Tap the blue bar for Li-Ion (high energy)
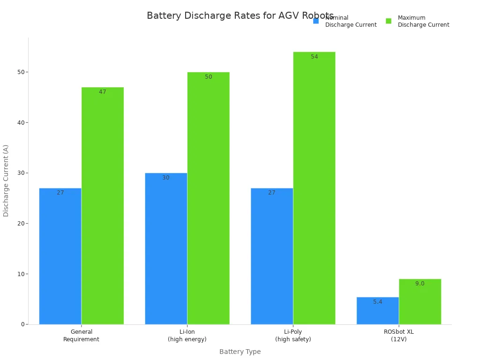coord(166,248)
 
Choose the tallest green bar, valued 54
coord(314,187)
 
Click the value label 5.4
coord(378,302)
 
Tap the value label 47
coord(103,92)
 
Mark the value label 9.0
coord(420,284)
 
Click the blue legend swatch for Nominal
coord(316,21)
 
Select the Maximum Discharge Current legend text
coord(423,22)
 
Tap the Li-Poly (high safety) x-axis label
coord(293,336)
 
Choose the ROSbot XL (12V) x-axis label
coord(399,336)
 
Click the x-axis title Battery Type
coord(240,352)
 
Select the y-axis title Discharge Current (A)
coord(6,180)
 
